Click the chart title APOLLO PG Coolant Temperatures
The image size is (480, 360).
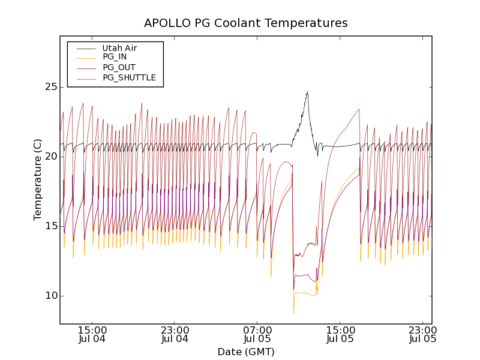coord(245,23)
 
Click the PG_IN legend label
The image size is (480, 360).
coord(115,57)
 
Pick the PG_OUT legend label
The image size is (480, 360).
coord(119,67)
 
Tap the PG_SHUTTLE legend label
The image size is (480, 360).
coord(129,77)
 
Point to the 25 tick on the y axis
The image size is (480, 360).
coord(50,87)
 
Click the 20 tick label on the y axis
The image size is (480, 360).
coord(50,157)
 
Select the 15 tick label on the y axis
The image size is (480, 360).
coord(50,226)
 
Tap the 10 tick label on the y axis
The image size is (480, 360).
coord(50,296)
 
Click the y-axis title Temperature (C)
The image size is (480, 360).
coord(38,179)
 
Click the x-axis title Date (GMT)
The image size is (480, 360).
coord(245,352)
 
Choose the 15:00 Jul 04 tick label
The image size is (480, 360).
coord(92,335)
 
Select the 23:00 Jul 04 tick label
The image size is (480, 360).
coord(175,335)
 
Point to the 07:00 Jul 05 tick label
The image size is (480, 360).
coord(257,335)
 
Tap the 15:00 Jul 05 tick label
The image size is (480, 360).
coord(340,335)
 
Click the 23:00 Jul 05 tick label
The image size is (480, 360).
coord(422,335)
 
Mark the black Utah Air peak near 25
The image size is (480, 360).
coord(307,92)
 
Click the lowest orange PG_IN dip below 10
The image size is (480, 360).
coord(293,312)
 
